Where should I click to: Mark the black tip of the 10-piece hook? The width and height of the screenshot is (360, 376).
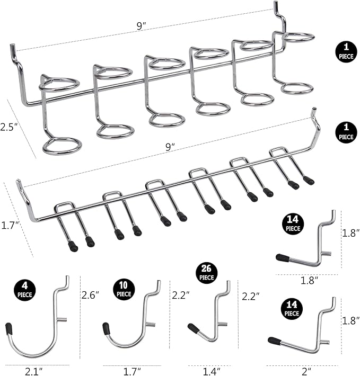click(x=107, y=329)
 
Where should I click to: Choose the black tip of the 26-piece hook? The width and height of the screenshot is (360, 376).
click(x=193, y=328)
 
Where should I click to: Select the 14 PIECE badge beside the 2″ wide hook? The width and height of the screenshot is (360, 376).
click(x=292, y=309)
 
